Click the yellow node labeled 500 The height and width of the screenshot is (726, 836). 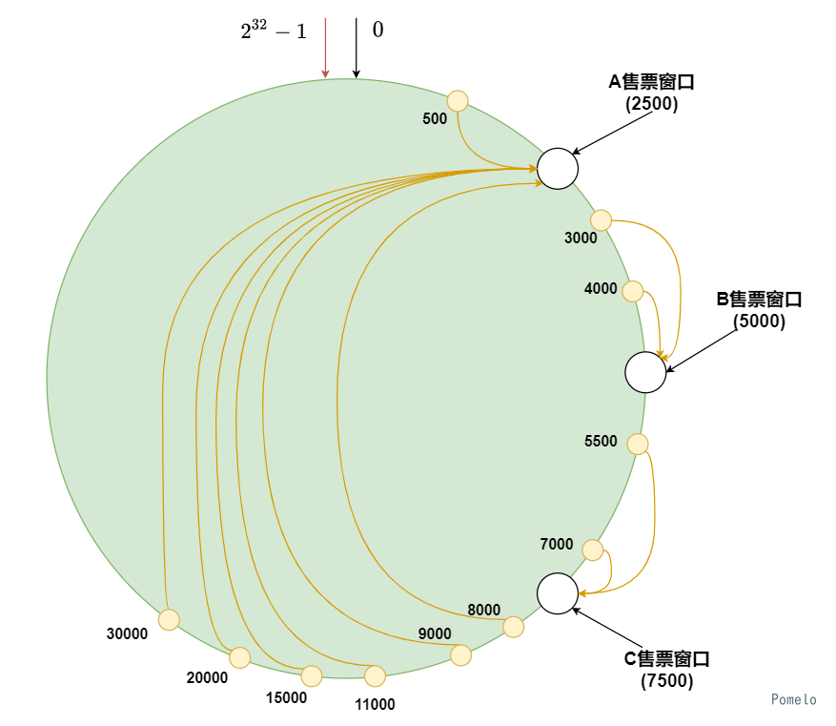click(458, 100)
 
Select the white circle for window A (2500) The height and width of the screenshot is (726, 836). click(557, 168)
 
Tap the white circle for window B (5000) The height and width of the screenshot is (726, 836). click(645, 372)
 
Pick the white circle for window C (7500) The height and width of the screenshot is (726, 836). click(557, 592)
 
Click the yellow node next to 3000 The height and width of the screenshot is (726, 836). click(601, 220)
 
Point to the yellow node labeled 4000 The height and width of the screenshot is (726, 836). click(632, 291)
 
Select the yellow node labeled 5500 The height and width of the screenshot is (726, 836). click(638, 444)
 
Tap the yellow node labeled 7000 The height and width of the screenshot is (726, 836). click(592, 550)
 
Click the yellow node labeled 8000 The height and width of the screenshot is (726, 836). click(513, 627)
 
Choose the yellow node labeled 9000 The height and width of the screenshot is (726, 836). click(460, 655)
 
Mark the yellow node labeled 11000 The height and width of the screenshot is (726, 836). click(375, 676)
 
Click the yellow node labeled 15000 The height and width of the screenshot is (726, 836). click(312, 676)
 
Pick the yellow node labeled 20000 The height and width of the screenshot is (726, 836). click(240, 657)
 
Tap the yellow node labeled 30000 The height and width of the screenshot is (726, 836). click(169, 620)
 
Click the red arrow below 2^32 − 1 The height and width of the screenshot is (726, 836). click(325, 48)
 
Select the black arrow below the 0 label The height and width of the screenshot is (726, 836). click(356, 48)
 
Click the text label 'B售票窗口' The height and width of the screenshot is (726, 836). click(759, 300)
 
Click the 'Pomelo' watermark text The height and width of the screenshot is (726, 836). click(794, 699)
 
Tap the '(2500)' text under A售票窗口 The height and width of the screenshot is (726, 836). click(651, 104)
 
